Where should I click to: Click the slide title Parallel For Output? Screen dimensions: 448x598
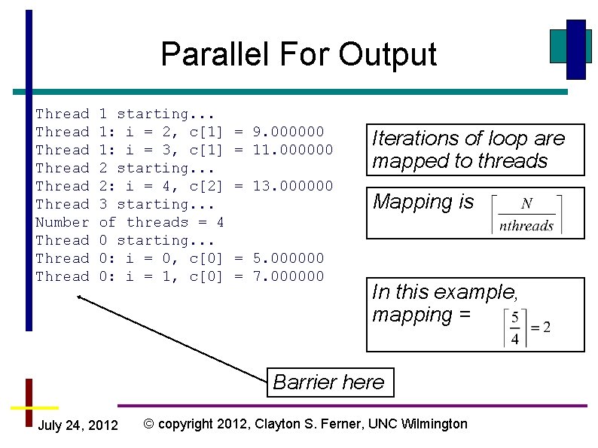click(x=298, y=55)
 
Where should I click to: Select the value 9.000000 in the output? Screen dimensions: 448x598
click(x=288, y=132)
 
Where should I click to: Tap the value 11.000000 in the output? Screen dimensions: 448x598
click(x=293, y=150)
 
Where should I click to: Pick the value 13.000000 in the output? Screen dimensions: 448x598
click(x=293, y=186)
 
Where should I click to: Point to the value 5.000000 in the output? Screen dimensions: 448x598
click(x=288, y=258)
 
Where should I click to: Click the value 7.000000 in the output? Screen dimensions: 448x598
click(x=288, y=276)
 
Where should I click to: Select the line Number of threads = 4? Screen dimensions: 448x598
click(x=130, y=222)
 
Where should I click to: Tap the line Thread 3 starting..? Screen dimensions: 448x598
click(x=126, y=204)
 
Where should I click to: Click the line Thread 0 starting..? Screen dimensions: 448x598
click(x=126, y=240)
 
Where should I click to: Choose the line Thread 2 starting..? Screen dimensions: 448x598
click(x=126, y=168)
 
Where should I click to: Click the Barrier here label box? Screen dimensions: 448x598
click(x=328, y=382)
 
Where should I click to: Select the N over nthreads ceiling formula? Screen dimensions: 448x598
click(x=526, y=215)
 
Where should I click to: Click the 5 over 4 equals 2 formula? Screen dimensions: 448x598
click(x=529, y=327)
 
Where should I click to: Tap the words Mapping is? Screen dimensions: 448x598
click(x=423, y=202)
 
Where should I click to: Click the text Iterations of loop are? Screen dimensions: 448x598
click(x=468, y=139)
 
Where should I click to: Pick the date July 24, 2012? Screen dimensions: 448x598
click(x=78, y=426)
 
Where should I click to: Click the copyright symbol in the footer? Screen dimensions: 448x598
click(x=149, y=424)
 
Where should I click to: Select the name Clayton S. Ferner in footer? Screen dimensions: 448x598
click(x=304, y=424)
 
